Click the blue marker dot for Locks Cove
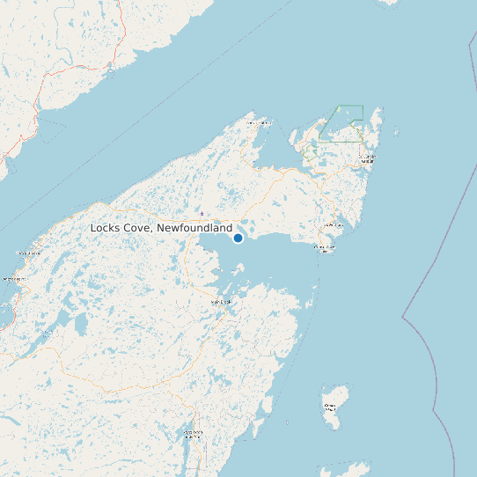[238, 238]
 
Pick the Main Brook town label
[221, 302]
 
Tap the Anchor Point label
[12, 279]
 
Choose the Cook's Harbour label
[259, 123]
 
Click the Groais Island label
[331, 407]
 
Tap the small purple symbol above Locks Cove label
[202, 213]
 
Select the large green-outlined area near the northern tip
[341, 123]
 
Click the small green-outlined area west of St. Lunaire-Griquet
[310, 152]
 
